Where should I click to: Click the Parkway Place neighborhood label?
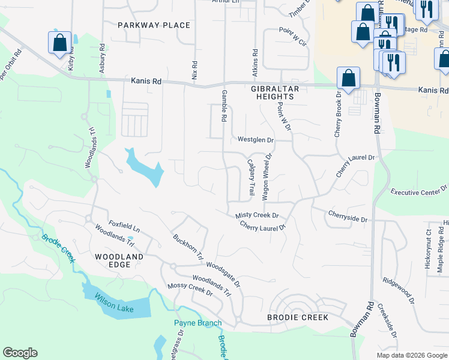(154, 25)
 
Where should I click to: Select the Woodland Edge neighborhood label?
(119, 261)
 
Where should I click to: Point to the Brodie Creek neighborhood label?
(298, 317)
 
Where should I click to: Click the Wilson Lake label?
(116, 308)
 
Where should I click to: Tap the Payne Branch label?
(197, 323)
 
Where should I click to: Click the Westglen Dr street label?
(255, 140)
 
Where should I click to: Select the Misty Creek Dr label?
(257, 215)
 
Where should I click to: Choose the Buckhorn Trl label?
(188, 245)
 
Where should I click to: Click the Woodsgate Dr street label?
(223, 273)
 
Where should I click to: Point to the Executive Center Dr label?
(419, 191)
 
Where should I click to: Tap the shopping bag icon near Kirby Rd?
(59, 43)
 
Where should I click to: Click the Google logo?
(20, 353)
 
